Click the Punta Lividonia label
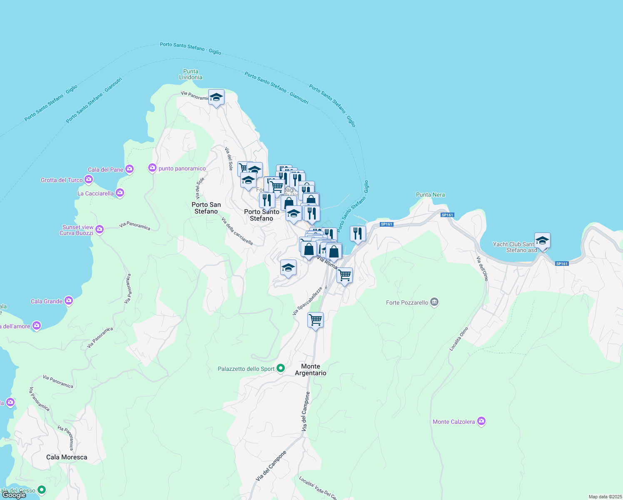[x=191, y=74]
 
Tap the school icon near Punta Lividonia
[x=216, y=97]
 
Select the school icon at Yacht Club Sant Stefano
[x=542, y=241]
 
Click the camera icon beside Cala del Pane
[x=130, y=169]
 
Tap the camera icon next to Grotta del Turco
[x=89, y=180]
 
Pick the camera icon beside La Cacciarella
[x=120, y=192]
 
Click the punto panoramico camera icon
[x=152, y=168]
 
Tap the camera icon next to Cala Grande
[x=69, y=300]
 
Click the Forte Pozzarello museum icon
[x=434, y=302]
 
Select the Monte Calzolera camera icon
[x=481, y=421]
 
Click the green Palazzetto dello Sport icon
[x=281, y=368]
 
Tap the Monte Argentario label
[x=311, y=370]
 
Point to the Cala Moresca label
[x=67, y=457]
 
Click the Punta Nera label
[x=430, y=195]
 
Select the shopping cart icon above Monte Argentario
[x=315, y=320]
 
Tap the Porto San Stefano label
[x=206, y=208]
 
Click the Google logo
[x=14, y=495]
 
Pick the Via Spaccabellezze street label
[x=308, y=301]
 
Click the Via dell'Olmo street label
[x=482, y=269]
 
